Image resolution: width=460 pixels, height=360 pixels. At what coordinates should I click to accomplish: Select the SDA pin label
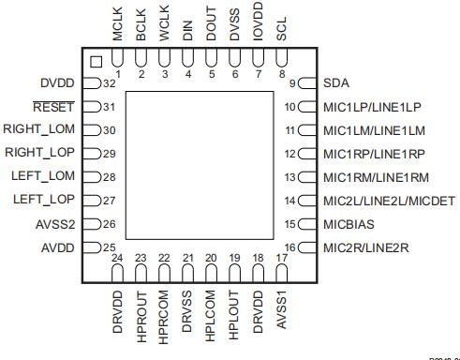(x=335, y=82)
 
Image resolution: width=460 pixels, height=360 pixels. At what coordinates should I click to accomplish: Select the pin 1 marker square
(x=95, y=63)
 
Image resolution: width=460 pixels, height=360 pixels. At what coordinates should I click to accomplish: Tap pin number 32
(x=109, y=82)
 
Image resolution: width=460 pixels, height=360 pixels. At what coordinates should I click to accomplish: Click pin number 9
(x=290, y=82)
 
